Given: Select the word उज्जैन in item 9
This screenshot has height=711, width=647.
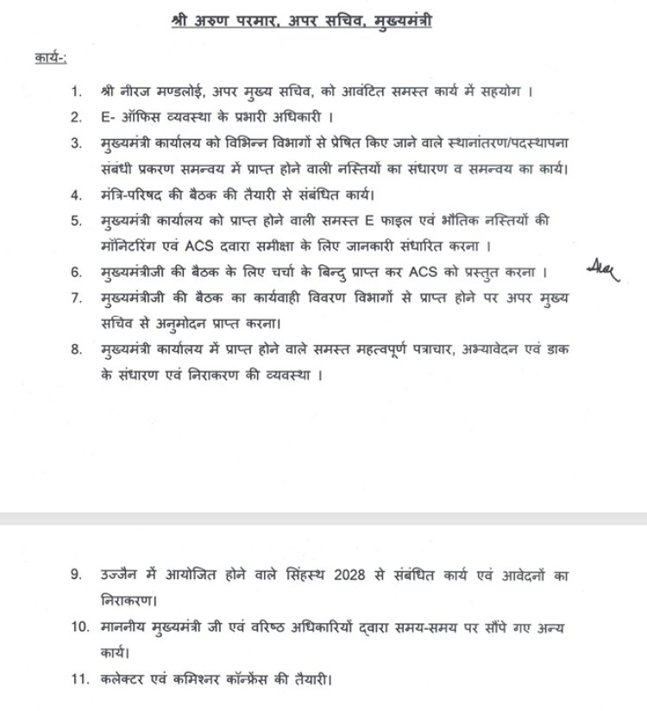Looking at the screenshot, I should click(x=124, y=575).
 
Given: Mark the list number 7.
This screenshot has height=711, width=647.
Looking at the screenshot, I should click(x=77, y=299).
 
